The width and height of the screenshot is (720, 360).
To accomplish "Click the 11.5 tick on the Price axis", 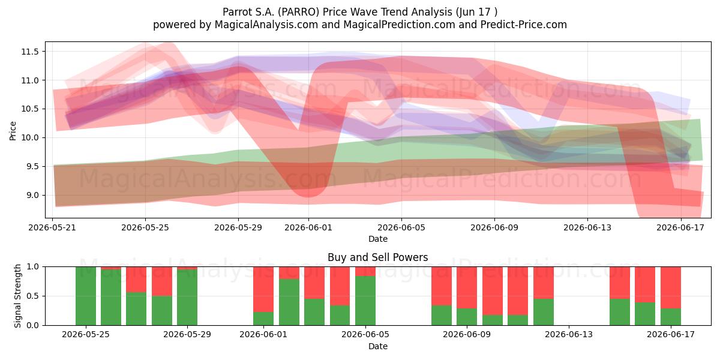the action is pyautogui.click(x=29, y=52).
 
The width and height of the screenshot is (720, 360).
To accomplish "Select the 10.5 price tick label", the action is pyautogui.click(x=29, y=109).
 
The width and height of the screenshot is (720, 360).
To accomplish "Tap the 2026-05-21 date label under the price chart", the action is pyautogui.click(x=52, y=227).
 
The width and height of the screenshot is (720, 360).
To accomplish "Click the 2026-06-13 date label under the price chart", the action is pyautogui.click(x=587, y=227).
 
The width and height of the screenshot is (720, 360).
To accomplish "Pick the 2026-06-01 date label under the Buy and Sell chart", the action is pyautogui.click(x=263, y=334).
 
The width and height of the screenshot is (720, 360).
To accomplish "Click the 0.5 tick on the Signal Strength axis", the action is pyautogui.click(x=32, y=296).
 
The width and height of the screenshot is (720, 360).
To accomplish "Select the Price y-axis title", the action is pyautogui.click(x=13, y=131).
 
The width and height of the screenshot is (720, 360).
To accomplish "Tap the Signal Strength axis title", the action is pyautogui.click(x=17, y=296).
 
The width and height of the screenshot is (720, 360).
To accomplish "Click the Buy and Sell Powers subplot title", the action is pyautogui.click(x=377, y=257).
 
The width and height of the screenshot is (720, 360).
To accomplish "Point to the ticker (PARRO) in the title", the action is pyautogui.click(x=299, y=12).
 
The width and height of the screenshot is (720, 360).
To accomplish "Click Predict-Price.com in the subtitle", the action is pyautogui.click(x=524, y=25).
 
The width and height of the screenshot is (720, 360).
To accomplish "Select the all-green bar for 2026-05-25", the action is pyautogui.click(x=86, y=296).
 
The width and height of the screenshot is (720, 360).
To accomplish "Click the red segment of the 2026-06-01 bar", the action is pyautogui.click(x=263, y=289).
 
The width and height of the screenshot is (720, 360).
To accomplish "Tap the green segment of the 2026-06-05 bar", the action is pyautogui.click(x=365, y=301).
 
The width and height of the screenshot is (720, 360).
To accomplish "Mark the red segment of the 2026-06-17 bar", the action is pyautogui.click(x=671, y=287).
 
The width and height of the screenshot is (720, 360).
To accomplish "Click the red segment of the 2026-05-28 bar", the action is pyautogui.click(x=161, y=281).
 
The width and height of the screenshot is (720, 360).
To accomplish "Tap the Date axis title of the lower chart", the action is pyautogui.click(x=377, y=346).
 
